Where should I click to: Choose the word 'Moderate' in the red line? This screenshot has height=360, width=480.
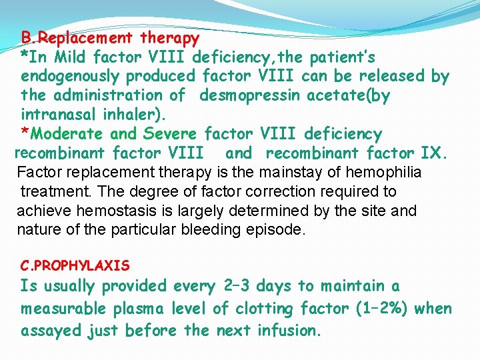point(67,135)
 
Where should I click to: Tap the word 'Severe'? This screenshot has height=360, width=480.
point(170,135)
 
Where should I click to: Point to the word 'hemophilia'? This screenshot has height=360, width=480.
point(390,173)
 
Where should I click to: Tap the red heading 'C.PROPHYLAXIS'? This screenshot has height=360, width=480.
point(75,266)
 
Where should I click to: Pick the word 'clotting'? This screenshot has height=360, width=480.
point(282,309)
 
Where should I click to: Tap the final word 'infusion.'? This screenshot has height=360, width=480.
point(289,331)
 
